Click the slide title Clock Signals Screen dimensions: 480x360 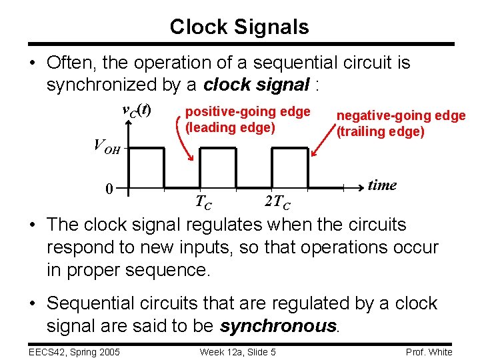239,27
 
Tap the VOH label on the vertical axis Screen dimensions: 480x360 107,145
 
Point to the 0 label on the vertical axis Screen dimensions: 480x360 109,189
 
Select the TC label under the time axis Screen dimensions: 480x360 204,201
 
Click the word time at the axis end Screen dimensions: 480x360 382,185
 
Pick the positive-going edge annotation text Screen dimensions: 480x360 247,111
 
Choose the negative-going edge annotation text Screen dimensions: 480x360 401,115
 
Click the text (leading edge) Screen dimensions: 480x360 230,127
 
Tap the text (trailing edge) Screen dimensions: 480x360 380,131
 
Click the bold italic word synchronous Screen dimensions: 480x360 279,326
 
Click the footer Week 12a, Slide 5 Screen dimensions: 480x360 238,352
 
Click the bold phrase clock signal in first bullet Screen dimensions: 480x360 256,85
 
